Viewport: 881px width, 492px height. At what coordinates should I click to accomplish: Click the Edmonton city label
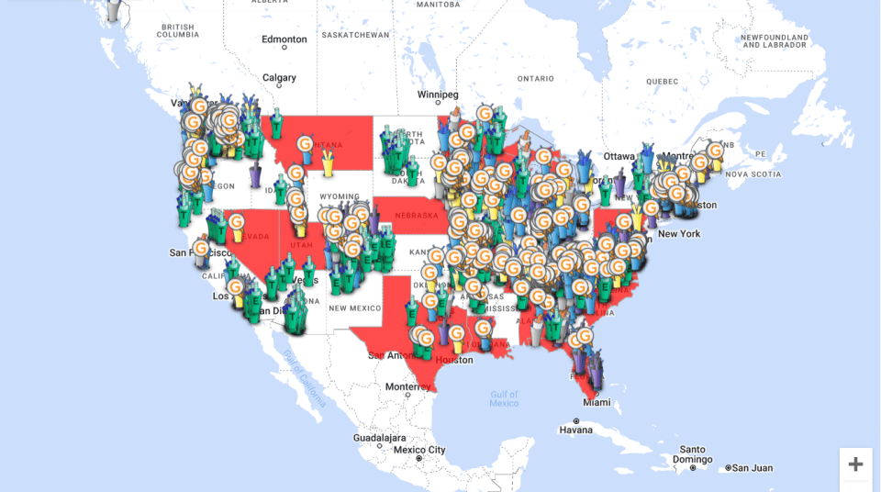pos(284,39)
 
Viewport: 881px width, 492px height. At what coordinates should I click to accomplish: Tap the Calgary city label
pos(279,78)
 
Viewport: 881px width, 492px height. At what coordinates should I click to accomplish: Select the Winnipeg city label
pos(438,95)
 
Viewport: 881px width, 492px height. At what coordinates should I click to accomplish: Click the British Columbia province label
pos(177,30)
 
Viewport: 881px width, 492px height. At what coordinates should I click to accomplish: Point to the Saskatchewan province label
pos(355,34)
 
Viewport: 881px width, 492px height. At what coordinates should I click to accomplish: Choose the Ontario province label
pos(535,79)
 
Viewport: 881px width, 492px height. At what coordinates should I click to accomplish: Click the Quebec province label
pos(662,81)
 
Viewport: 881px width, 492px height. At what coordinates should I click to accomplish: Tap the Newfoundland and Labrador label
pos(775,40)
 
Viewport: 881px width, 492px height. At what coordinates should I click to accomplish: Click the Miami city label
pos(596,402)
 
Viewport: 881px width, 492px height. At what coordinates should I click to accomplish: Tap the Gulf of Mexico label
pos(504,398)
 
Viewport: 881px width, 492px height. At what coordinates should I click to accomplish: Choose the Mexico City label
pos(418,450)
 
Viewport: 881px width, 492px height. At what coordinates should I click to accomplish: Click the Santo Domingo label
pos(692,453)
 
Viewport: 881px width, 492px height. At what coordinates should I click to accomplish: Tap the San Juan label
pos(752,467)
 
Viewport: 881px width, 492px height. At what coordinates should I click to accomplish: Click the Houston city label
pos(453,360)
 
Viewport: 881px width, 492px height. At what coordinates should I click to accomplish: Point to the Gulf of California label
pos(304,377)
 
